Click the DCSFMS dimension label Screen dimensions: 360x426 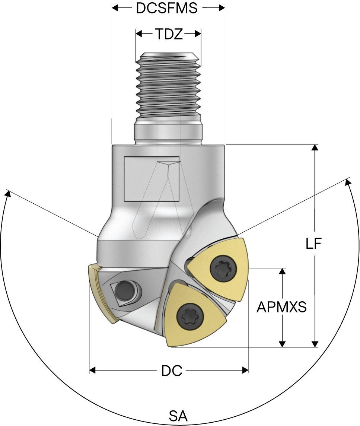166,8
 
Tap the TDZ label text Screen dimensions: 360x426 169,34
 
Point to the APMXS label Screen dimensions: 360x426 281,307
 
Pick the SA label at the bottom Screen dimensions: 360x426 178,416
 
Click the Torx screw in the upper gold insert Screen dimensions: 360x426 224,269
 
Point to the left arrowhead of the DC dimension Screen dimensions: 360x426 93,370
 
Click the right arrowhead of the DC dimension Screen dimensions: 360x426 245,370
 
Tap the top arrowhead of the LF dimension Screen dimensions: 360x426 315,147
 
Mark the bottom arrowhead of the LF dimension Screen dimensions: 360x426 315,344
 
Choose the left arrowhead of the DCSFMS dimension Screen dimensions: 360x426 115,8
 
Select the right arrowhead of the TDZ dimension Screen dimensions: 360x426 198,34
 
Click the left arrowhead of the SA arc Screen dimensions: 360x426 7,194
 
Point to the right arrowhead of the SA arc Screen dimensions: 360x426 348,182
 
